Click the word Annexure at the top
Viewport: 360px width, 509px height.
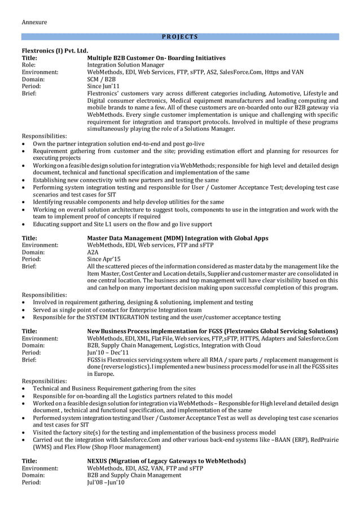point(34,22)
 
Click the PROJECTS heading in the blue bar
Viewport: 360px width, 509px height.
point(179,37)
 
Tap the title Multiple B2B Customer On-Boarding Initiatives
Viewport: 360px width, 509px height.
point(156,58)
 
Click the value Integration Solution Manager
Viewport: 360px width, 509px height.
point(126,65)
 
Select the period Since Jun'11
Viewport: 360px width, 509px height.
point(103,86)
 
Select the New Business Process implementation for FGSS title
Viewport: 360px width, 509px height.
point(213,331)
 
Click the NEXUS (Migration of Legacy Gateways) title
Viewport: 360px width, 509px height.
point(166,461)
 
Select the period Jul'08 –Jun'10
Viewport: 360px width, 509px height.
point(106,482)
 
